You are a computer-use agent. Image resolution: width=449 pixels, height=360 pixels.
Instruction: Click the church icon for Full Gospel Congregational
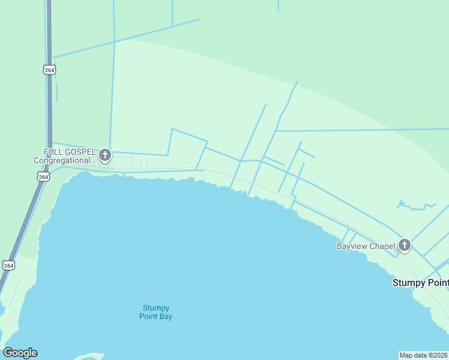[105, 156]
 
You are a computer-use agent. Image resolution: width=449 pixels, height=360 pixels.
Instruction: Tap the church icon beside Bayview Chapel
[405, 245]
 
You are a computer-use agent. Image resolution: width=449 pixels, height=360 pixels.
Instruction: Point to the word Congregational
[64, 161]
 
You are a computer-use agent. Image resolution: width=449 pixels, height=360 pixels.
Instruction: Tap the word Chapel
[382, 246]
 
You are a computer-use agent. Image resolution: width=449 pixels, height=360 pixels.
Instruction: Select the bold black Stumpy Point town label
[420, 283]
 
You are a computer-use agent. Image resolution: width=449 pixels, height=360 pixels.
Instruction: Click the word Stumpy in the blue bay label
[155, 308]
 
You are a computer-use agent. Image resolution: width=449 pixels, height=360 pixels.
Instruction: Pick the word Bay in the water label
[166, 316]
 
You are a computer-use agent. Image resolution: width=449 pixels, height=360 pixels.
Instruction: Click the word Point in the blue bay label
[148, 316]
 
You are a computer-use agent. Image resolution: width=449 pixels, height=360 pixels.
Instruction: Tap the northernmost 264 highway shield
[49, 70]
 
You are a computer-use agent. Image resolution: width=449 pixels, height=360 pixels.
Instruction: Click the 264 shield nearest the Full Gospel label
[43, 177]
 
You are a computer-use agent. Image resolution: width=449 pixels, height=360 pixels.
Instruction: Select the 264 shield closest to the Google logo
[8, 265]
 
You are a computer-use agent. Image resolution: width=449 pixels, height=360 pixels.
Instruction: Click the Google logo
[20, 353]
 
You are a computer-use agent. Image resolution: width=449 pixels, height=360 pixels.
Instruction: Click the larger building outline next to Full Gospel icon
[123, 163]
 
